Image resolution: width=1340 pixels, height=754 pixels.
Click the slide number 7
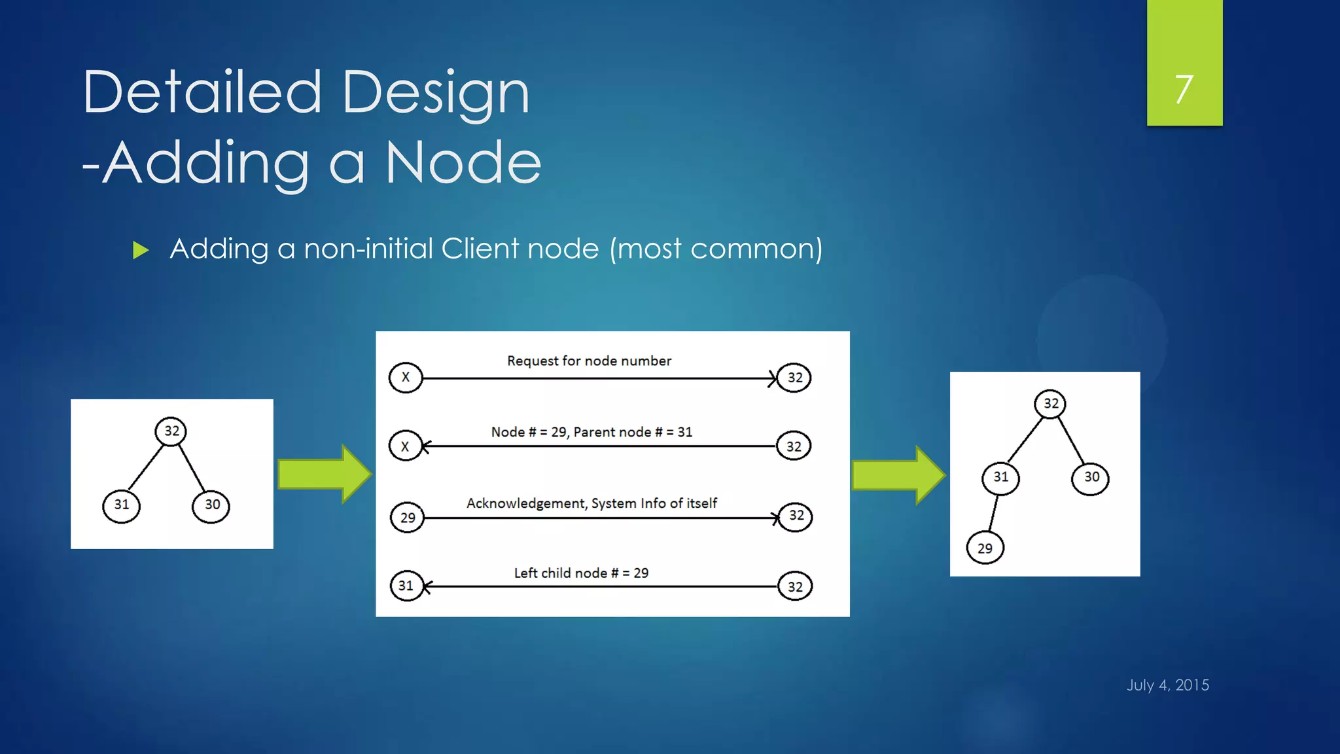point(1184,89)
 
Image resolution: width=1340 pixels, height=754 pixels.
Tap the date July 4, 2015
point(1167,685)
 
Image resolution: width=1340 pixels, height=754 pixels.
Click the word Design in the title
point(435,94)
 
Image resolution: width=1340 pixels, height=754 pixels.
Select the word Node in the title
point(463,163)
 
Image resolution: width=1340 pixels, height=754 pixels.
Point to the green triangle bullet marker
point(141,250)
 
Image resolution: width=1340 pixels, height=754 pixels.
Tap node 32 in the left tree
point(171,431)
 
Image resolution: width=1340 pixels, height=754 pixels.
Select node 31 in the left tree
point(122,505)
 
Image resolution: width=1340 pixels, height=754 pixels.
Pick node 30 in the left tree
point(211,505)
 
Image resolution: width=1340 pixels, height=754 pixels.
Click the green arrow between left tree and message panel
point(324,474)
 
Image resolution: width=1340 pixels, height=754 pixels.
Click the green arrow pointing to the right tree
point(898,475)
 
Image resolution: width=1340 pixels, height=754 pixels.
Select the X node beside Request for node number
point(406,378)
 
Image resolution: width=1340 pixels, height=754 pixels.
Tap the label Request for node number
point(589,361)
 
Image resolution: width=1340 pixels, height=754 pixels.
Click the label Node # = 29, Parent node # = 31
point(591,432)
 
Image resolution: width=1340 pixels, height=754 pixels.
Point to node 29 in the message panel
point(408,518)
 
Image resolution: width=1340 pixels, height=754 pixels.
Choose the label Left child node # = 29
point(581,573)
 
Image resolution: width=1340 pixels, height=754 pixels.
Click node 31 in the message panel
point(406,586)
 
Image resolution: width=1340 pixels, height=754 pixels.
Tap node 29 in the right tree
point(985,548)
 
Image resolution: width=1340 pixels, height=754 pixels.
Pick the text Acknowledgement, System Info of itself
point(591,503)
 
